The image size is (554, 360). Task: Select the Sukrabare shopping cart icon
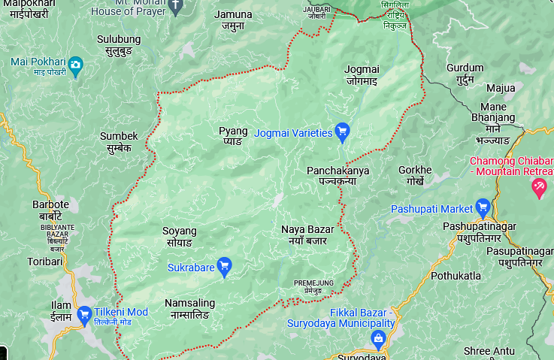[224, 265]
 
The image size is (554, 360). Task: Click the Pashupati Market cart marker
[483, 207]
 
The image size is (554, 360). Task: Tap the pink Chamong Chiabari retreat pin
[538, 187]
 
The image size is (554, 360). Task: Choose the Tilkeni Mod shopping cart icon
[84, 313]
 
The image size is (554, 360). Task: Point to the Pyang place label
[233, 135]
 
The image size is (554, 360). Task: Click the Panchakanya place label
[338, 176]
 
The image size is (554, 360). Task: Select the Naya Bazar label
[307, 234]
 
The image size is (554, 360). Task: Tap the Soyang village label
[179, 236]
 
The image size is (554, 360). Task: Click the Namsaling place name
[189, 308]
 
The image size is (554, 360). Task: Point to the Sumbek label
[119, 141]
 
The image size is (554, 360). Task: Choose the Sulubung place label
[119, 44]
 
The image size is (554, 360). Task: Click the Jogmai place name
[362, 74]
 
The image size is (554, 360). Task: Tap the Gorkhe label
[415, 175]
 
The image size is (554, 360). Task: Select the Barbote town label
[50, 210]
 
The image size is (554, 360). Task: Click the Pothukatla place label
[456, 276]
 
